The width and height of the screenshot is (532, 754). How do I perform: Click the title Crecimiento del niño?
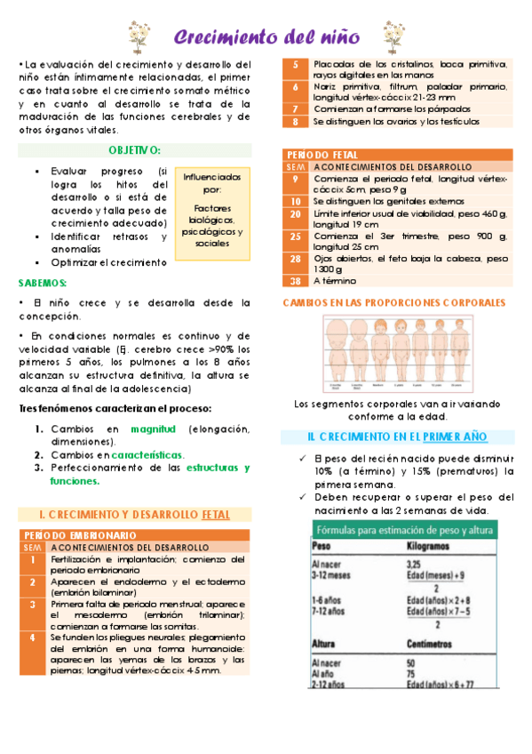click(x=266, y=37)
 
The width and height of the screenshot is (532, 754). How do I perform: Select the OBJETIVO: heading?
click(x=135, y=151)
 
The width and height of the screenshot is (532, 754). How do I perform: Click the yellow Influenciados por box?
click(x=212, y=211)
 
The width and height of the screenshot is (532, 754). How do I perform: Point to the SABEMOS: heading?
click(x=44, y=284)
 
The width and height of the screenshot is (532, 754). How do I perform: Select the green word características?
click(x=148, y=454)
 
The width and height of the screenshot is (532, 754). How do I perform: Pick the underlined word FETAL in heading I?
click(x=217, y=515)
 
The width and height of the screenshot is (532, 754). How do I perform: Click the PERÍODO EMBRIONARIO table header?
click(x=80, y=535)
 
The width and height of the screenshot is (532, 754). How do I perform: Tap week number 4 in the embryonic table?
click(x=33, y=638)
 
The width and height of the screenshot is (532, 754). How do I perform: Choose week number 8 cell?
click(x=296, y=121)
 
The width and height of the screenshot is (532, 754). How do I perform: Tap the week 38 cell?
click(x=296, y=281)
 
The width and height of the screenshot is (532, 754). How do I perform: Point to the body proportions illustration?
click(x=395, y=351)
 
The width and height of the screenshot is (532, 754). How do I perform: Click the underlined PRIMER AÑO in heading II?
click(x=455, y=437)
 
